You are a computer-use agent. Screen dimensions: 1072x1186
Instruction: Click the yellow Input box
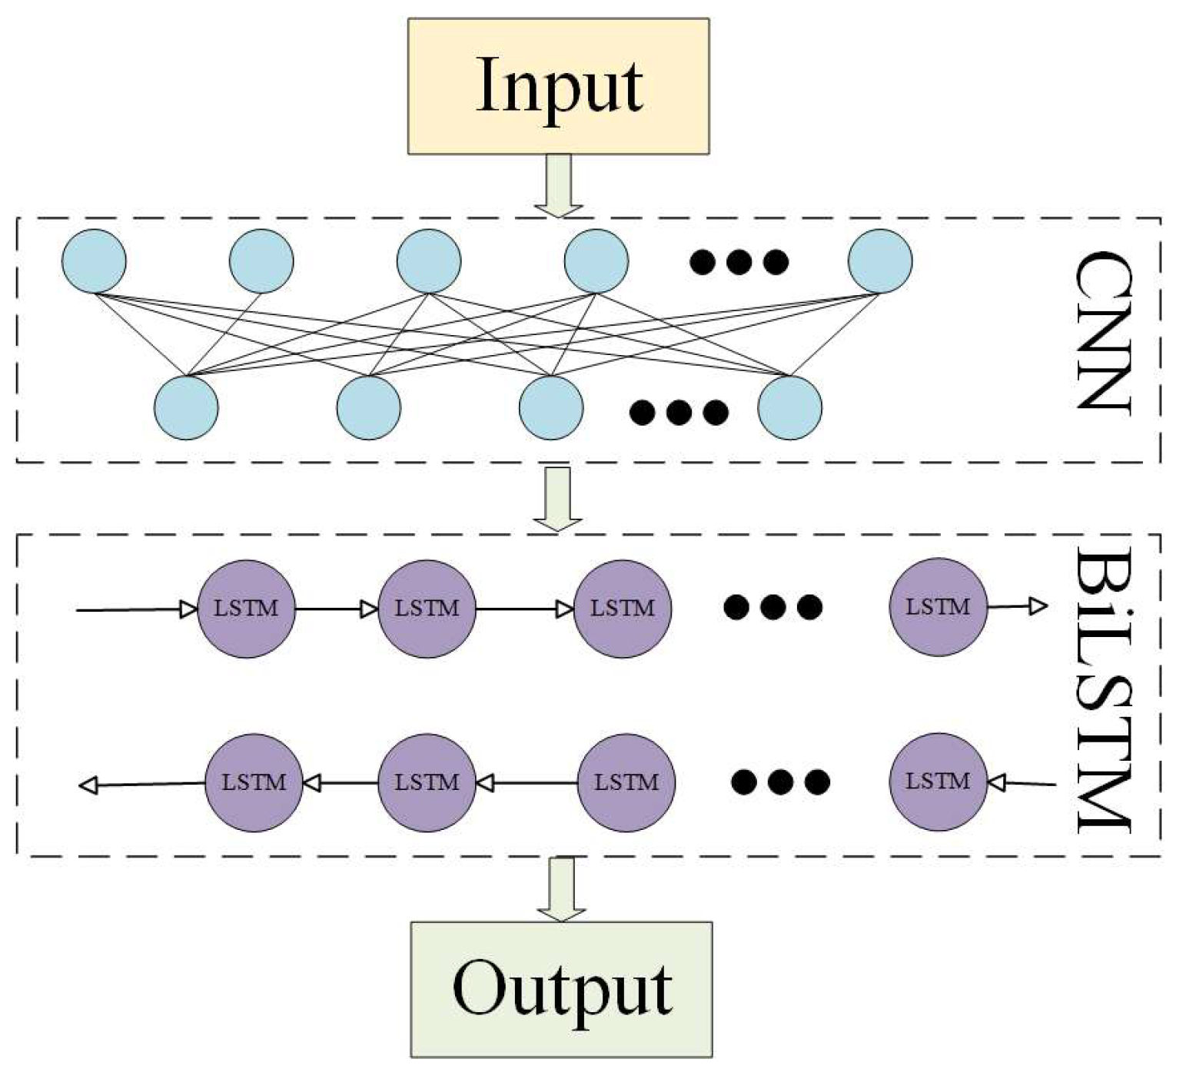click(x=558, y=86)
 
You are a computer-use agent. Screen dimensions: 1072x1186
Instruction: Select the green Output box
click(x=561, y=989)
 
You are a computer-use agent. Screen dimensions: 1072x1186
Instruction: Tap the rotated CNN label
click(x=1102, y=332)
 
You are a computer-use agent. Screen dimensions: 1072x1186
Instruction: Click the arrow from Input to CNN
click(x=559, y=185)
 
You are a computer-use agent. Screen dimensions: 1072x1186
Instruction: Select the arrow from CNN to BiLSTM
click(x=557, y=499)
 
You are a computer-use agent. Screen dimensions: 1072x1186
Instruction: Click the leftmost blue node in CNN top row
click(x=94, y=261)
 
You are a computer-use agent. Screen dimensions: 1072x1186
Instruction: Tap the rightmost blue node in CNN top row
click(x=880, y=261)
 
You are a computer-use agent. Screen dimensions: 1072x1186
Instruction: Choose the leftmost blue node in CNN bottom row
click(x=186, y=407)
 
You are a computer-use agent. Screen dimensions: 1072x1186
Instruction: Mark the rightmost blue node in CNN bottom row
click(x=789, y=407)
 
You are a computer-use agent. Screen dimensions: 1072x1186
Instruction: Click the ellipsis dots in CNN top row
click(x=739, y=262)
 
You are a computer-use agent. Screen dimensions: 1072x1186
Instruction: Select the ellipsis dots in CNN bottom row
click(x=679, y=413)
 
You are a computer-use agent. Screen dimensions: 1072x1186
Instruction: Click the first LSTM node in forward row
click(x=246, y=609)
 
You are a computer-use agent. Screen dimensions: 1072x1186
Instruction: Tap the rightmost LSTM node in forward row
click(x=938, y=607)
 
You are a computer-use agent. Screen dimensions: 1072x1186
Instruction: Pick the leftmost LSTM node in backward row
click(x=254, y=782)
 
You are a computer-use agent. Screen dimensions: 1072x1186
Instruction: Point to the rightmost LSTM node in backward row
click(x=938, y=782)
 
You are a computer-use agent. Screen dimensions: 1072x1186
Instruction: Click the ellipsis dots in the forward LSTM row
click(x=772, y=608)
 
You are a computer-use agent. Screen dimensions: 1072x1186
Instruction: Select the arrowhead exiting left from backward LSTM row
click(x=89, y=785)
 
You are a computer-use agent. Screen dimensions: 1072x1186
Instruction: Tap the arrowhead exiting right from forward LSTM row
click(x=1038, y=606)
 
